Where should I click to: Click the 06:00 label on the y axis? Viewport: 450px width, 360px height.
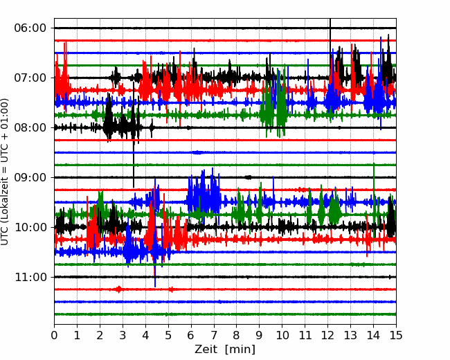(x=30, y=28)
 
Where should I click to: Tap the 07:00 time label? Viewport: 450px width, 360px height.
(x=30, y=78)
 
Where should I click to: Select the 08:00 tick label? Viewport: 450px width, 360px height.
(x=30, y=128)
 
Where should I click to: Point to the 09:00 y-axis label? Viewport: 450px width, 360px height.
(x=30, y=177)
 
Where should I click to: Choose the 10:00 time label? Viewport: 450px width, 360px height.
(x=30, y=227)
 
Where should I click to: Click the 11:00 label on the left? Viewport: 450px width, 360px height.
(x=30, y=278)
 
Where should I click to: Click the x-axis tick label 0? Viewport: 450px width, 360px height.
(x=54, y=335)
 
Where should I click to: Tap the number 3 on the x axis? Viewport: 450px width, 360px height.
(x=123, y=335)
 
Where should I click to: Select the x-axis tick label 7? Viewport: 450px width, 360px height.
(x=214, y=335)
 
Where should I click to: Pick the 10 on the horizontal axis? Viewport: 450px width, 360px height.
(x=282, y=335)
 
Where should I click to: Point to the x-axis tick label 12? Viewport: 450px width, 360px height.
(x=327, y=335)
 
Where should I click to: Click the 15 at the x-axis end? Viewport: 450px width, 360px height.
(x=396, y=335)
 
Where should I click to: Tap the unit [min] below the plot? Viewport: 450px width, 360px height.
(x=240, y=350)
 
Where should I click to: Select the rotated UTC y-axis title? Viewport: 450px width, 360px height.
(x=4, y=172)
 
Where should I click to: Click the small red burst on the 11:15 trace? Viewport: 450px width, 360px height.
(x=118, y=289)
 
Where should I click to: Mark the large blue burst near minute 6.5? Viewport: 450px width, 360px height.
(x=204, y=195)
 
